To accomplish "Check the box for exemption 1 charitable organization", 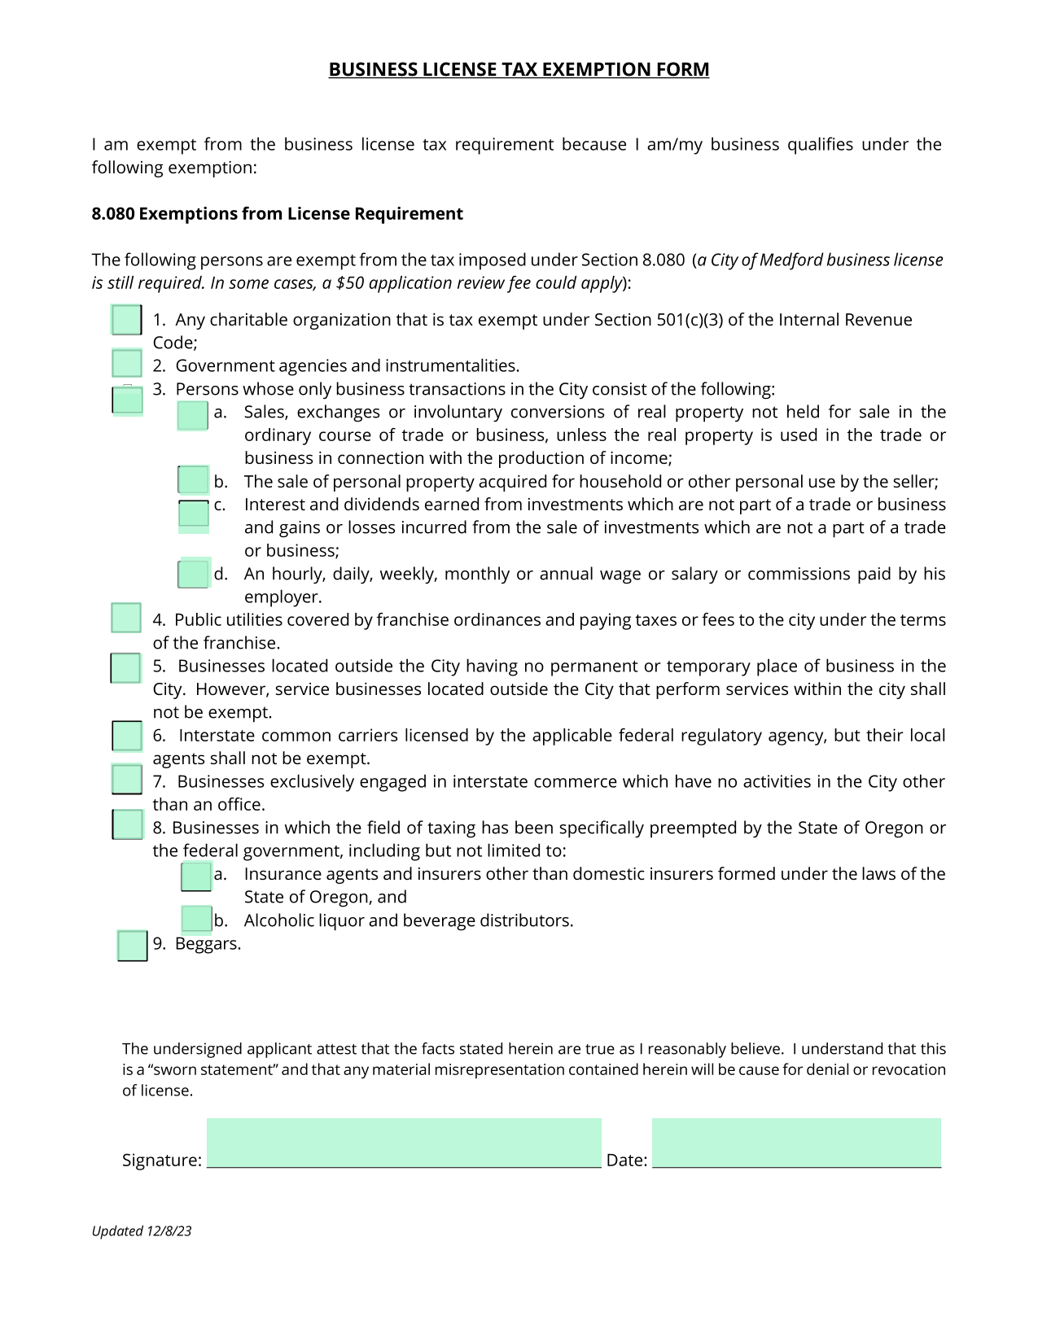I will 126,320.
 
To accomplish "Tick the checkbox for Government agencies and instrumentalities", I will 126,363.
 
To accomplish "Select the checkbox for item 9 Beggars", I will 132,946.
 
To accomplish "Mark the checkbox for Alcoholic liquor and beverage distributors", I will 196,920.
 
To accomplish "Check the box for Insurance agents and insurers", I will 196,876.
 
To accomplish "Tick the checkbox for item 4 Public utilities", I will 126,619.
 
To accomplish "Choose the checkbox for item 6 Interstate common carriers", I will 127,737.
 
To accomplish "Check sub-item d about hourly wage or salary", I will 194,574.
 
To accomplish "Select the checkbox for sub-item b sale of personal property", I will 193,480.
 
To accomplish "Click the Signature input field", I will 404,1143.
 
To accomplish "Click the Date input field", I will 796,1143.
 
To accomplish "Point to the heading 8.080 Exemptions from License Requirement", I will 277,214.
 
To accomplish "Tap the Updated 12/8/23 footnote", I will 142,1231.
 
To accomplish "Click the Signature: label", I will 161,1161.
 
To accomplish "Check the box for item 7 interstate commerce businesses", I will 127,780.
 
